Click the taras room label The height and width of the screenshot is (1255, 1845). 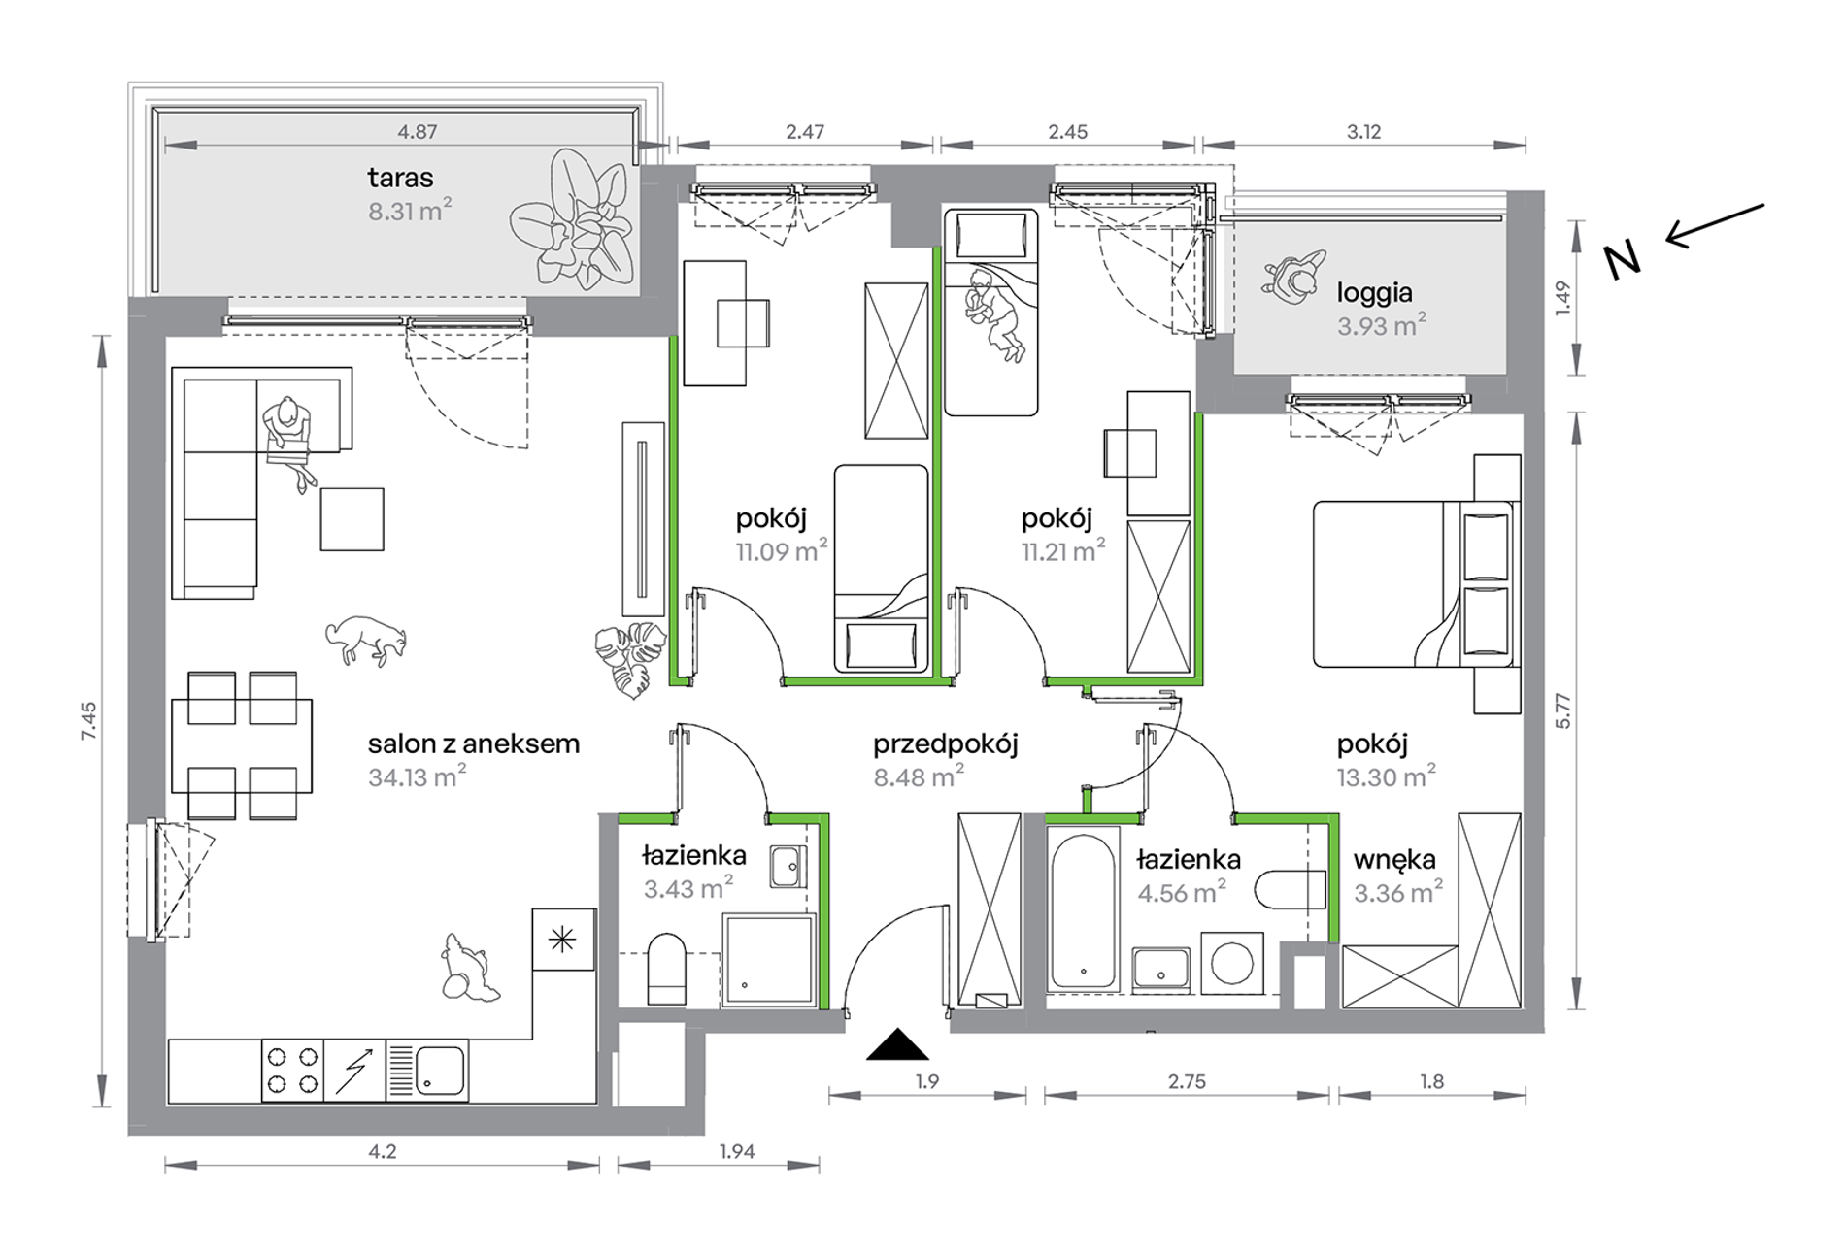[x=400, y=179]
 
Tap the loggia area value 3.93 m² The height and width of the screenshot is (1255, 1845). [x=1381, y=325]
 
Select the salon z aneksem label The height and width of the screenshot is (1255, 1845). [x=473, y=744]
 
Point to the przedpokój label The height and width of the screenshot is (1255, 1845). [x=945, y=745]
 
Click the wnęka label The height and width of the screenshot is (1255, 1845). [x=1394, y=860]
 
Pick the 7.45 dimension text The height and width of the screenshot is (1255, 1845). [x=89, y=722]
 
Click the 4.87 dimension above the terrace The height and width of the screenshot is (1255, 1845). [x=418, y=132]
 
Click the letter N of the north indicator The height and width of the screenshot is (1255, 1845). [x=1622, y=260]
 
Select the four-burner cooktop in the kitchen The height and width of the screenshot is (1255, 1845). [x=292, y=1070]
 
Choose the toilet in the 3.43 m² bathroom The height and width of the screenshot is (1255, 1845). [x=666, y=968]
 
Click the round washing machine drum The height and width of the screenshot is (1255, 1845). [x=1232, y=964]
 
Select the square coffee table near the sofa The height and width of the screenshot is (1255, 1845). [x=352, y=519]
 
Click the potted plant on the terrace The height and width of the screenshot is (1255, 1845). [x=571, y=218]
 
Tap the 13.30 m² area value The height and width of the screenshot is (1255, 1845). [x=1386, y=776]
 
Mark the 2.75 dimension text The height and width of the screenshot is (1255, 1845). [x=1187, y=1081]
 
